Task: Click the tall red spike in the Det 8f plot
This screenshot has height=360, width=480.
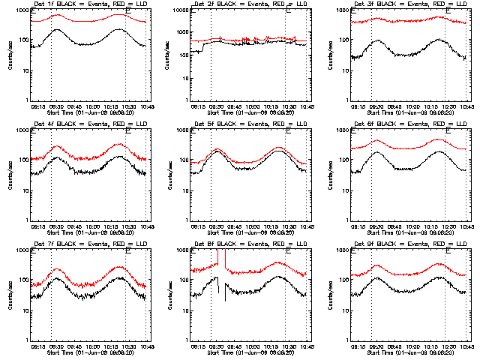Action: tap(218, 259)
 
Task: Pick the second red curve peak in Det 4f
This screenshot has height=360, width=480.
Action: tap(120, 144)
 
